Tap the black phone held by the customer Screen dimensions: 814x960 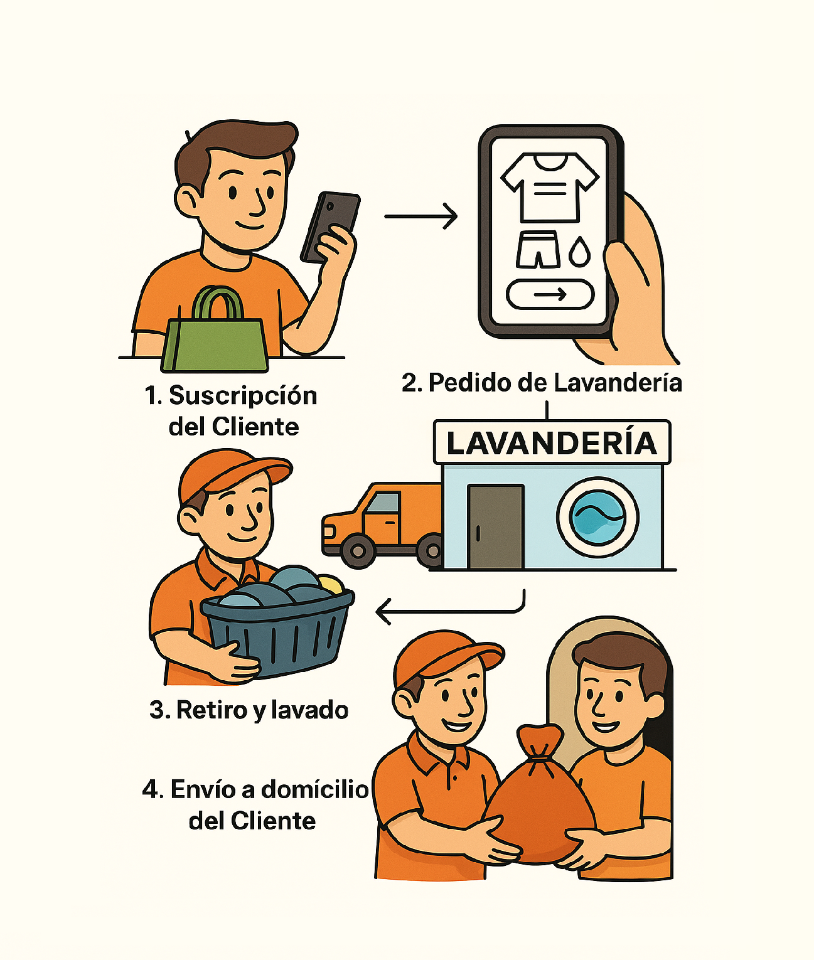point(330,228)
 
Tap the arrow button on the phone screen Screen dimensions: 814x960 point(550,294)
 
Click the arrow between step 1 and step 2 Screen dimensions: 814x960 point(421,216)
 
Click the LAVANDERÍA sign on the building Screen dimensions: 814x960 point(552,442)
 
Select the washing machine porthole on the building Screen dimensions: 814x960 point(597,517)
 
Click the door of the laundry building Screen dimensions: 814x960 point(496,526)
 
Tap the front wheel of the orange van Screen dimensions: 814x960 point(358,552)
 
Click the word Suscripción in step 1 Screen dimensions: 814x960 point(243,396)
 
